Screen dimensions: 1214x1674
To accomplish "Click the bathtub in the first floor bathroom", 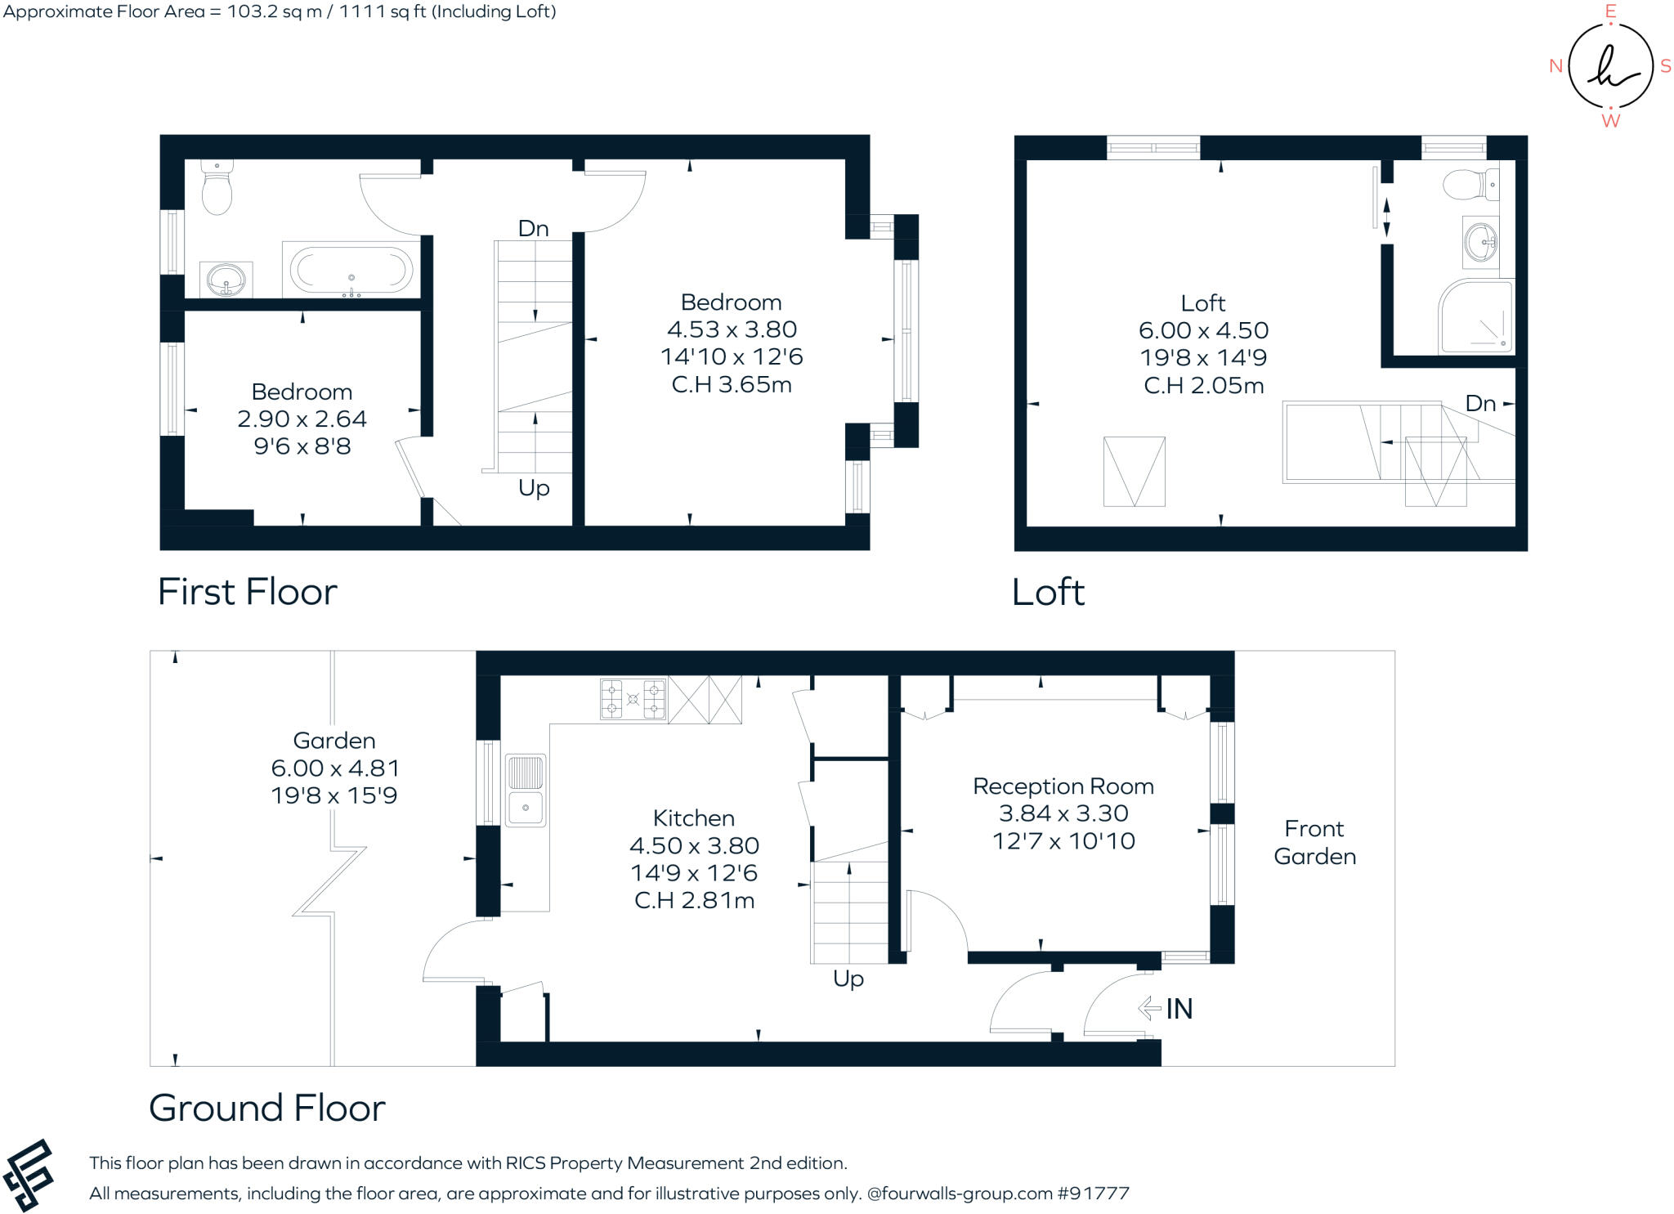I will point(351,269).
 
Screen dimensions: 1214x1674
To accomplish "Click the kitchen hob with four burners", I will point(633,699).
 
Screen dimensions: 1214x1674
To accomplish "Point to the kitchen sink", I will point(526,790).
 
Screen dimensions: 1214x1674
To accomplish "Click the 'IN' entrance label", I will point(1179,1009).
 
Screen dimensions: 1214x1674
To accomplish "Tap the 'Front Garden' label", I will point(1314,842).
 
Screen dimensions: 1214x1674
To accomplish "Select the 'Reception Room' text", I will point(1063,786).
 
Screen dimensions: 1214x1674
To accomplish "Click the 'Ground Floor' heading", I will point(267,1109).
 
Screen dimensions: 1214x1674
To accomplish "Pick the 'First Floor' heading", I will point(247,592).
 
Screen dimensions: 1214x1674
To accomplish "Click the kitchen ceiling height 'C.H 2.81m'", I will point(694,900).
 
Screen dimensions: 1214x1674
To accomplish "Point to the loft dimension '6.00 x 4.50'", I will point(1203,330).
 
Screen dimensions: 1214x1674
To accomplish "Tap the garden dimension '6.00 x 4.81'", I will point(334,768).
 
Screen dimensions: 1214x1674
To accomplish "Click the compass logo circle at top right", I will point(1610,66).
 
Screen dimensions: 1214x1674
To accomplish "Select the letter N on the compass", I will point(1555,66).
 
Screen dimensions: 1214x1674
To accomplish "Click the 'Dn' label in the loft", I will point(1479,403).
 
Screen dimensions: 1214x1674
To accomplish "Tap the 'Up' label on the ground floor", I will point(848,979).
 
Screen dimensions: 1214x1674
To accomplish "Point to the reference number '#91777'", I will point(1094,1194).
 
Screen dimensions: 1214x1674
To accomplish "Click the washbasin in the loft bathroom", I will point(1480,242).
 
